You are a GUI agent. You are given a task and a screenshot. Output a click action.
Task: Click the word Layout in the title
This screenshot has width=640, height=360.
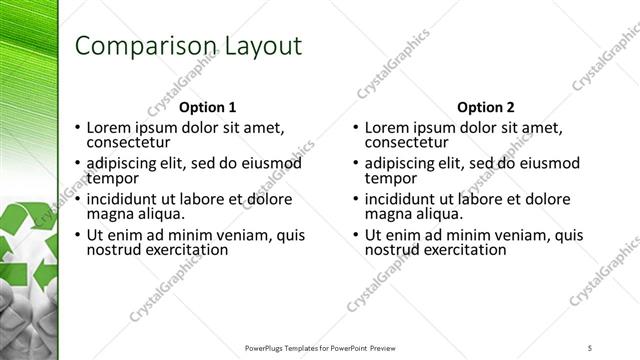(254, 46)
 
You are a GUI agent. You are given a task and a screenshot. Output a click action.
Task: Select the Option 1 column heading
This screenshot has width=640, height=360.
(207, 107)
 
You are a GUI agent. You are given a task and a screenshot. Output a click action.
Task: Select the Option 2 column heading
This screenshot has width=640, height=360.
(485, 107)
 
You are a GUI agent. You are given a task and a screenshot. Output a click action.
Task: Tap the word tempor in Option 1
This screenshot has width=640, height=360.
(111, 178)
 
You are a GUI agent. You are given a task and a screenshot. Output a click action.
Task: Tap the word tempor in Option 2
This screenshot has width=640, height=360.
(389, 178)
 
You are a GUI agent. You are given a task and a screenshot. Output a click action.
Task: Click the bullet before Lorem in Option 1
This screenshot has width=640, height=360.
(78, 128)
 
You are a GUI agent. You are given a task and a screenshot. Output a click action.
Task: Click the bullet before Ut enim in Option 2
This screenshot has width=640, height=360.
(356, 236)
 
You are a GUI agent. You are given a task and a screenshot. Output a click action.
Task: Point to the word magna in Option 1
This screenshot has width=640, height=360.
(109, 214)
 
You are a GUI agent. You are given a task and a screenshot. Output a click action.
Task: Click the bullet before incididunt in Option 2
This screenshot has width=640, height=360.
(356, 200)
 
